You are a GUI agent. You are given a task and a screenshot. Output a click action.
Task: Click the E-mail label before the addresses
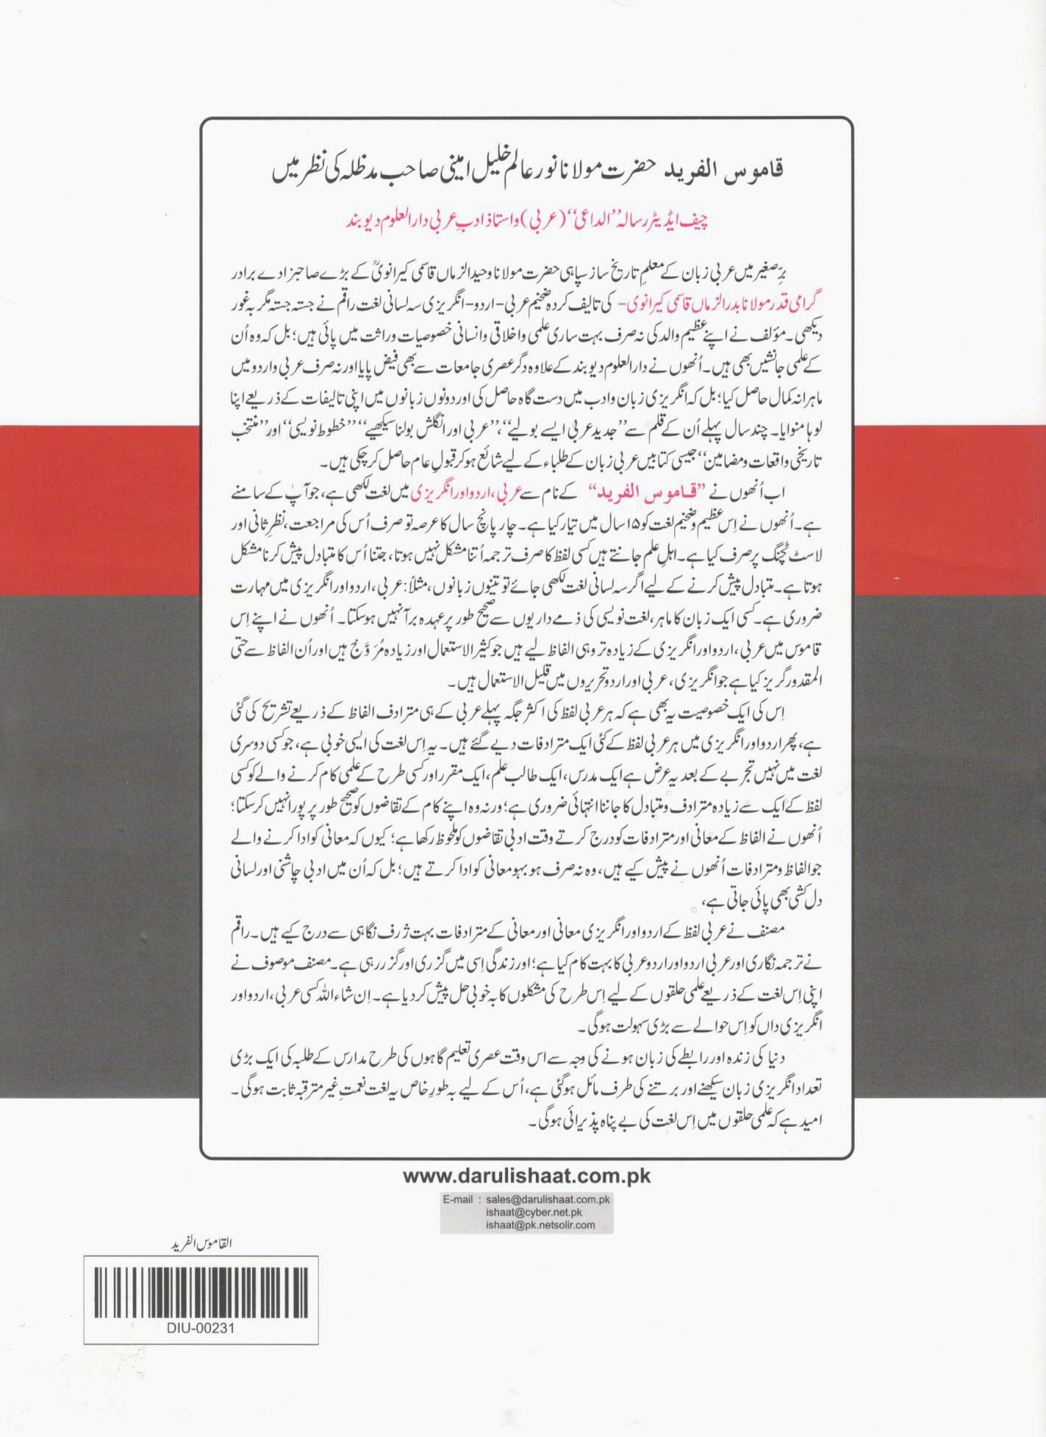(462, 1199)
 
